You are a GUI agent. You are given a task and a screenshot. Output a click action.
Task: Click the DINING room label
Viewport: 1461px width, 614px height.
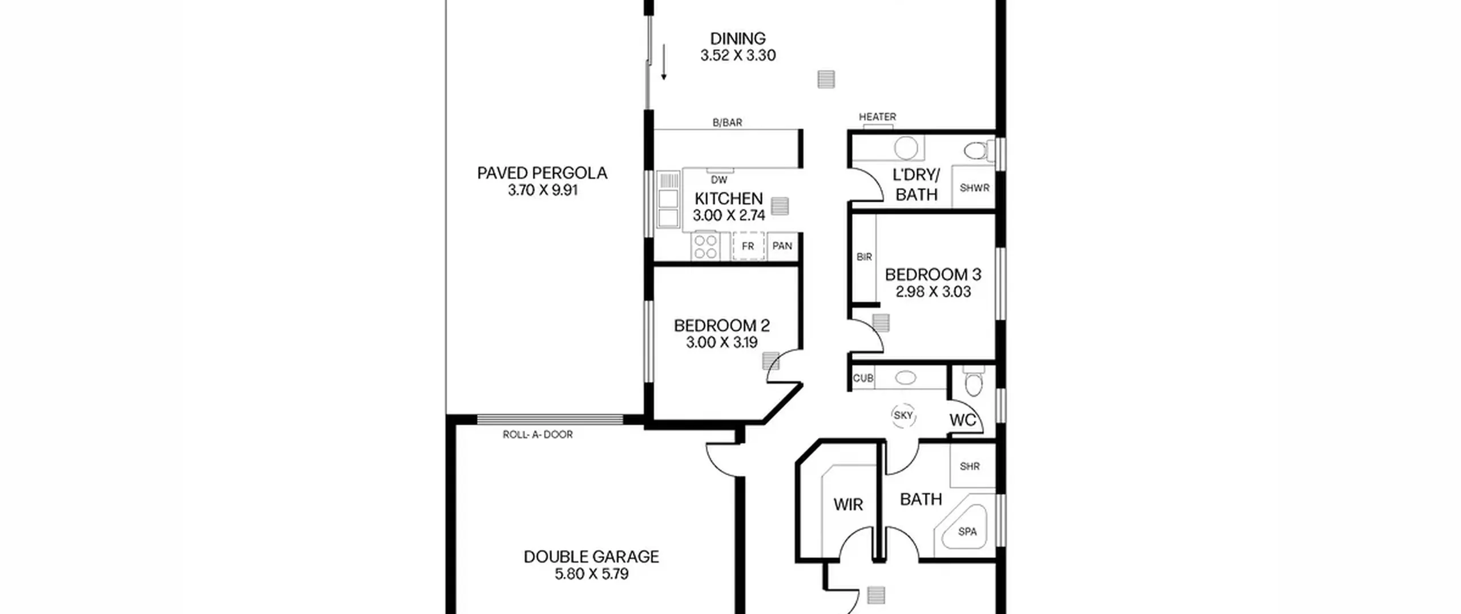[x=737, y=38]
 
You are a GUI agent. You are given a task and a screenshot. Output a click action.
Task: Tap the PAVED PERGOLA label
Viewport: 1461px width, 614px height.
[x=542, y=173]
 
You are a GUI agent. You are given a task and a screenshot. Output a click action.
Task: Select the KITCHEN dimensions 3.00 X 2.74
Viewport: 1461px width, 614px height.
[x=729, y=215]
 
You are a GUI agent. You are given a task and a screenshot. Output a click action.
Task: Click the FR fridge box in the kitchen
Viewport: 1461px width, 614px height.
[x=748, y=246]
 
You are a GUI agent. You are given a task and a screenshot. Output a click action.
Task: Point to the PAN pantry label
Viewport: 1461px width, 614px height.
[x=782, y=246]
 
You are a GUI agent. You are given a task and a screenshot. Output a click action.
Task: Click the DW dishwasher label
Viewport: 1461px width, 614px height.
[x=719, y=180]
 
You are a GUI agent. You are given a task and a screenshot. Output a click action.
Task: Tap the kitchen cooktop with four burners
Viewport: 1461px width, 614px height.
[x=705, y=247]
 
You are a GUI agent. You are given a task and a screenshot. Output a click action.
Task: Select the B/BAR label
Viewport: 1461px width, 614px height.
[x=727, y=122]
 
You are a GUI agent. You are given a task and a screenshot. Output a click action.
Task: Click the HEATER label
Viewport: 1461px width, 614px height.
[x=877, y=117]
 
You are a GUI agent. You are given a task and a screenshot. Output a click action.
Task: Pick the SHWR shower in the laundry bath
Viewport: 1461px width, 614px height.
[x=974, y=187]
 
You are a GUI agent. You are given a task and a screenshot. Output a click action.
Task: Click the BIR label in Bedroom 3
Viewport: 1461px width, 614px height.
[x=864, y=257]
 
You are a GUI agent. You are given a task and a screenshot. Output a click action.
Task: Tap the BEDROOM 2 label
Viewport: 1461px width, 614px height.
[x=721, y=326]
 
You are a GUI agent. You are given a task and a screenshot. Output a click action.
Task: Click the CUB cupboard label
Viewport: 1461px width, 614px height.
[x=863, y=378]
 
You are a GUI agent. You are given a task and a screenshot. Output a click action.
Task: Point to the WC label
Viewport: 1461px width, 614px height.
[x=962, y=420]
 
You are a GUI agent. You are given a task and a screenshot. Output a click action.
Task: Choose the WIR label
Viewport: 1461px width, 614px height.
[x=848, y=504]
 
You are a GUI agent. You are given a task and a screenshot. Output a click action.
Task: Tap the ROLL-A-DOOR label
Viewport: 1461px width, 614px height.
[x=538, y=435]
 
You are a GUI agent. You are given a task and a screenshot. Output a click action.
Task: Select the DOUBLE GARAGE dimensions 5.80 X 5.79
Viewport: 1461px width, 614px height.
[x=591, y=573]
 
